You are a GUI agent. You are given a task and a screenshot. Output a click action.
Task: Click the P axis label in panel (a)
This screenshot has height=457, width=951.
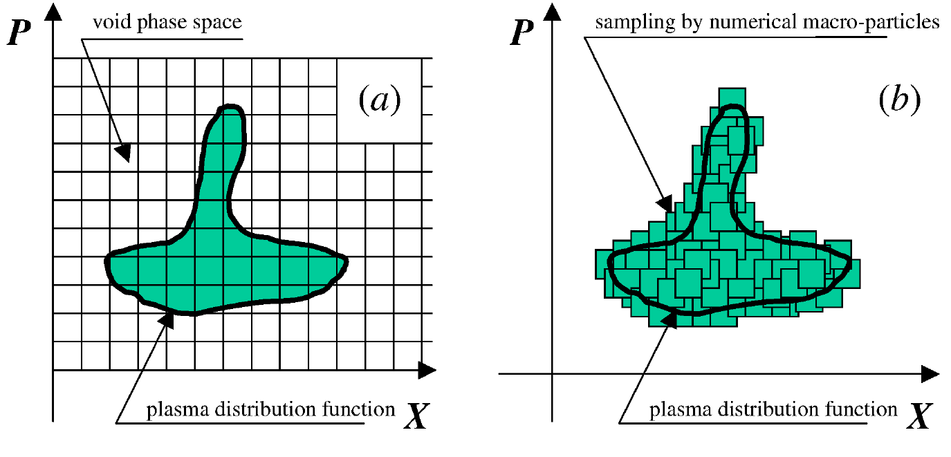19,32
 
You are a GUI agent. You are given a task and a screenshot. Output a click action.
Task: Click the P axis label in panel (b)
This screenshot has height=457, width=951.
521,32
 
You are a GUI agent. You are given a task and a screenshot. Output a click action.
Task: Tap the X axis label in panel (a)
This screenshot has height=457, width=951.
416,416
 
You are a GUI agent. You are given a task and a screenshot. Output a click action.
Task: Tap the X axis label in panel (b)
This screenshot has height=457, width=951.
920,416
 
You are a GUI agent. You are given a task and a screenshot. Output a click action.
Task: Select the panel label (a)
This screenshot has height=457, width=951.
380,100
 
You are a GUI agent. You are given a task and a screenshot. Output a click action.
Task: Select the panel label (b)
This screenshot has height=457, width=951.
900,100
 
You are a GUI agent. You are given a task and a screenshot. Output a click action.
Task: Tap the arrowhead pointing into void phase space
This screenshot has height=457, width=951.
124,152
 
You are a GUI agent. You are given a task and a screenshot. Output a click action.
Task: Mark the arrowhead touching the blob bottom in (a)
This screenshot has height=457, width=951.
167,320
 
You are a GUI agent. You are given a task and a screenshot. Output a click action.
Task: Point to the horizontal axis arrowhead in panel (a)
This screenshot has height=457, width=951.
427,370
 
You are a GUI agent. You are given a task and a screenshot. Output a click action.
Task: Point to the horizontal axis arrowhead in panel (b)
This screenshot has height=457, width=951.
930,374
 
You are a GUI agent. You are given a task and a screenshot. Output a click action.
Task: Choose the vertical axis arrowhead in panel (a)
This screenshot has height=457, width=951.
53,12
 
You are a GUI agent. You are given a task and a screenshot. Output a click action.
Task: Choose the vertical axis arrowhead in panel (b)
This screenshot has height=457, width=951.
553,12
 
